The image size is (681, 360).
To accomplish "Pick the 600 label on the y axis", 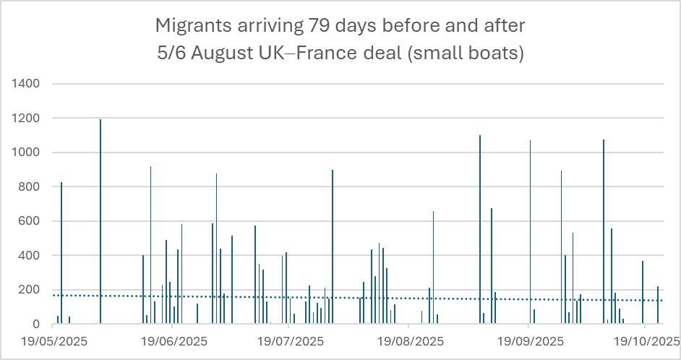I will [28, 221].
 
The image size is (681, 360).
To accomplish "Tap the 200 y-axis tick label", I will [28, 290].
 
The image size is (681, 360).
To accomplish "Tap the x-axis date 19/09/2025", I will [528, 339].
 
